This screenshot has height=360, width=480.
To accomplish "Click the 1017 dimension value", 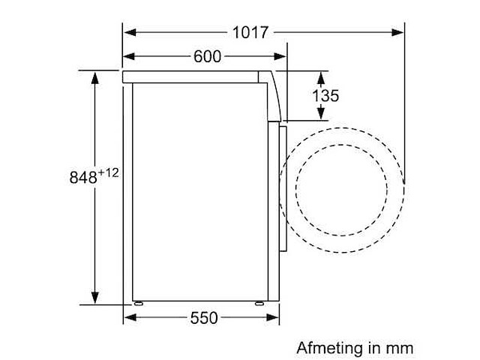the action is pyautogui.click(x=250, y=32).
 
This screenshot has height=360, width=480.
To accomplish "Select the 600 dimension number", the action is pyautogui.click(x=207, y=56).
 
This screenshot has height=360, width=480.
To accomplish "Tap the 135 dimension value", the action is pyautogui.click(x=325, y=96).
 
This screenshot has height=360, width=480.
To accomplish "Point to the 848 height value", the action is pyautogui.click(x=83, y=177).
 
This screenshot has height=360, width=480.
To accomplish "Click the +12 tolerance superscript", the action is pyautogui.click(x=108, y=173).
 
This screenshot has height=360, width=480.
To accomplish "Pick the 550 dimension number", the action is pyautogui.click(x=204, y=318).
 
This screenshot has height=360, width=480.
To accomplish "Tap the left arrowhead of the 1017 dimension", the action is pyautogui.click(x=130, y=32).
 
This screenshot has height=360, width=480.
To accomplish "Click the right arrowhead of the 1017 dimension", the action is pyautogui.click(x=397, y=32).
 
